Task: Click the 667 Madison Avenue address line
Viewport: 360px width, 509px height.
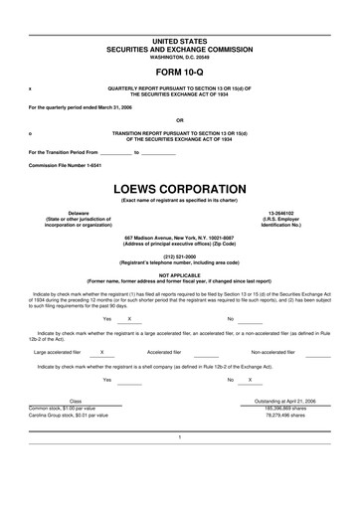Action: (x=179, y=238)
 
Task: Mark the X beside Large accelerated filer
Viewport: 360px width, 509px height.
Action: (x=104, y=351)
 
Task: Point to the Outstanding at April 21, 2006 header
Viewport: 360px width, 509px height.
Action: (x=287, y=400)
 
